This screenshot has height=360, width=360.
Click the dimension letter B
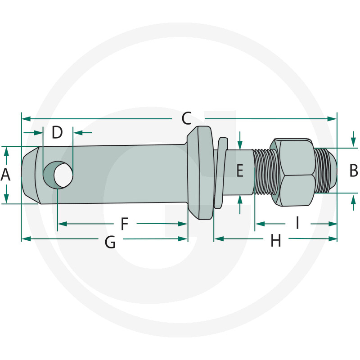coord(354,171)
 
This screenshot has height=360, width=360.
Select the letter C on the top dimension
coord(187,119)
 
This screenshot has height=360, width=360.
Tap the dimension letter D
coord(57,133)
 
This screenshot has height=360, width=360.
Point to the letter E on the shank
coord(240,171)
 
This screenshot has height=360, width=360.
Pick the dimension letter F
coord(125,223)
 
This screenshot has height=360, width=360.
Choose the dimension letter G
coord(110,243)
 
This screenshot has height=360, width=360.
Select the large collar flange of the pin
coord(200,173)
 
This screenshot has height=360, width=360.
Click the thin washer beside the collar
coord(219,173)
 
